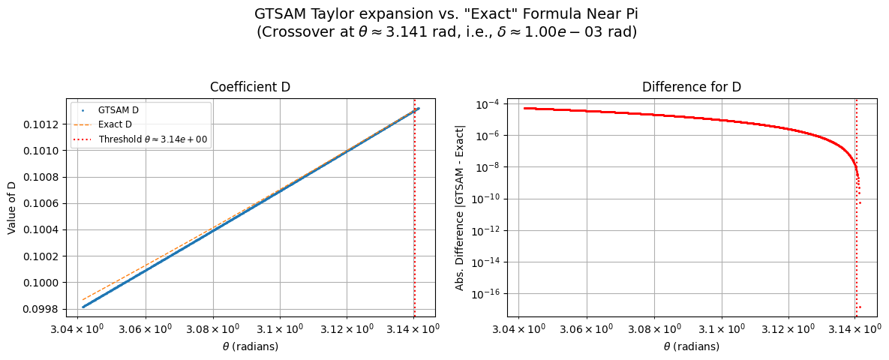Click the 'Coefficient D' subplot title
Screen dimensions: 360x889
click(x=249, y=87)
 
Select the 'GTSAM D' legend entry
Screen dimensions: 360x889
click(x=118, y=109)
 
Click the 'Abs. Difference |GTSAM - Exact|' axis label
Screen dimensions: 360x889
click(x=460, y=207)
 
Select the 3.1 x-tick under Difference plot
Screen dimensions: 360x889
click(x=721, y=329)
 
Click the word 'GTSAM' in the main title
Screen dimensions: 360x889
click(x=281, y=14)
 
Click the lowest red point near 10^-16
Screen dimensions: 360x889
click(x=860, y=307)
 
